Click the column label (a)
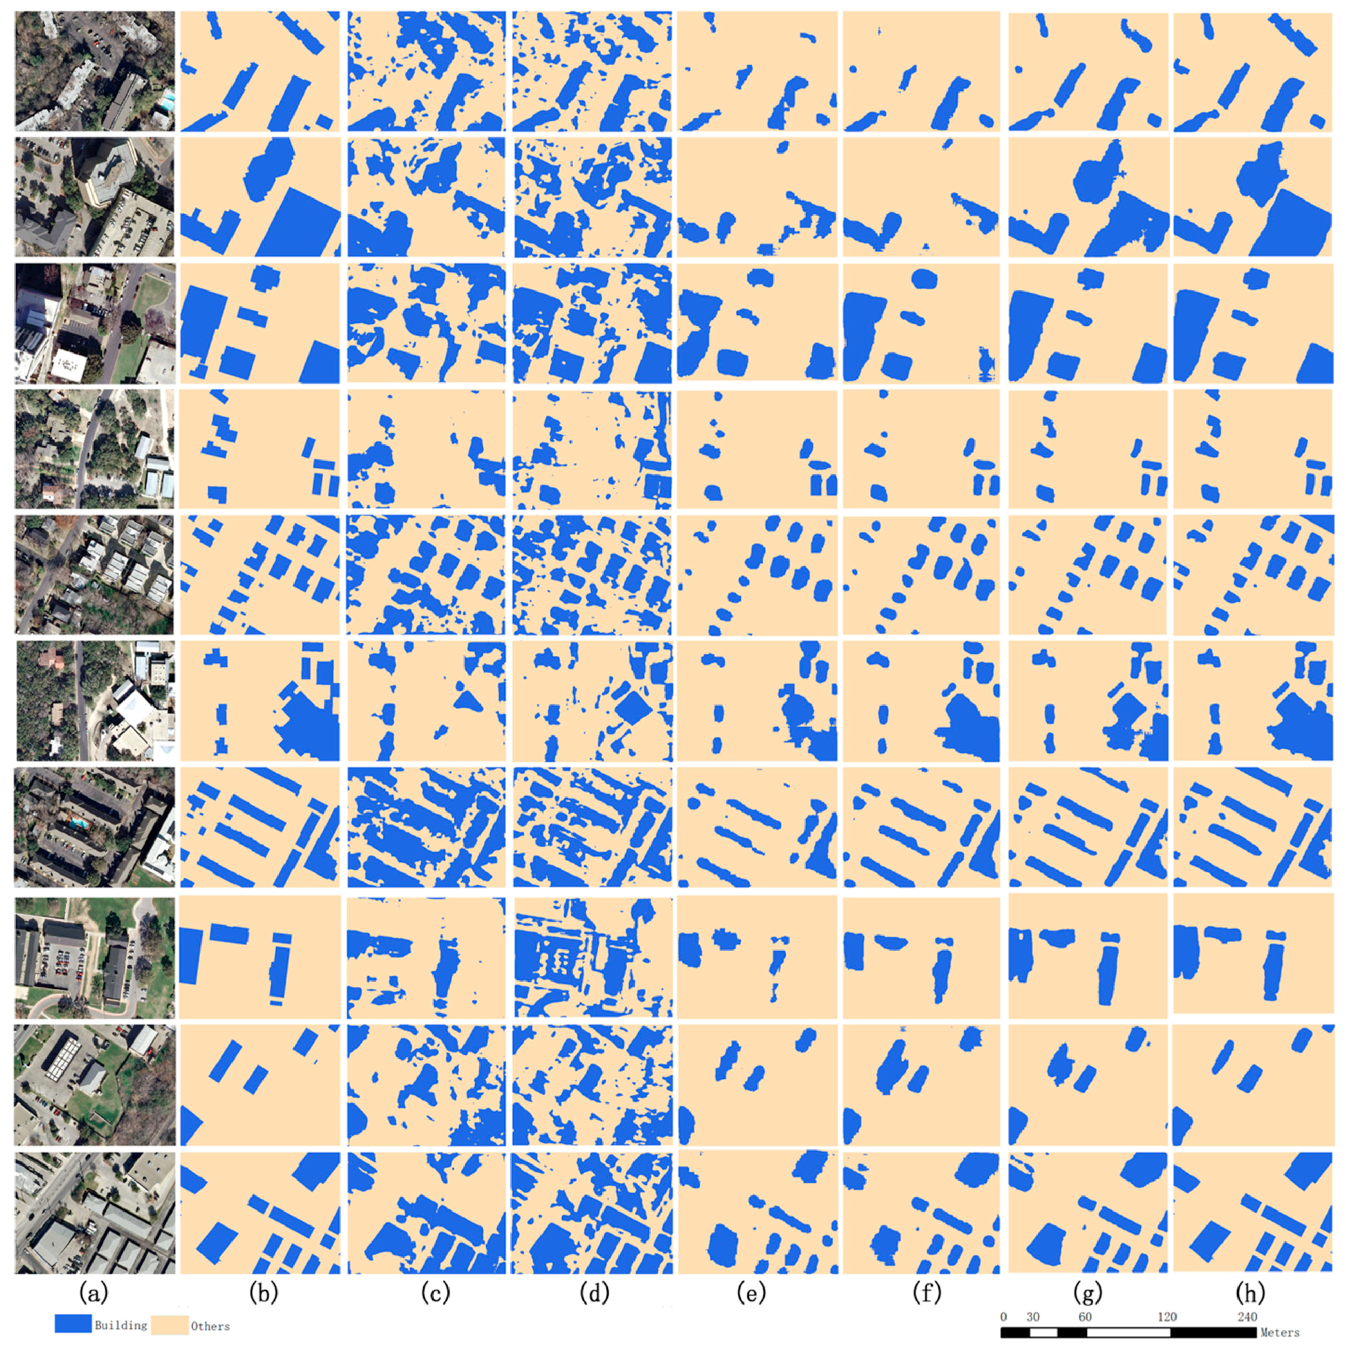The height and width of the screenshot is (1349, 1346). pyautogui.click(x=94, y=1294)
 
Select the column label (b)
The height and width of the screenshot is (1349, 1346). pyautogui.click(x=263, y=1294)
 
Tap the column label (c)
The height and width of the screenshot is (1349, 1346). pyautogui.click(x=435, y=1294)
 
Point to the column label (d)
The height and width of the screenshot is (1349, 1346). pyautogui.click(x=594, y=1294)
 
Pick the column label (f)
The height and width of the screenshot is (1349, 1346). pyautogui.click(x=926, y=1294)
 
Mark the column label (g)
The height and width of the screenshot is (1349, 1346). pyautogui.click(x=1088, y=1294)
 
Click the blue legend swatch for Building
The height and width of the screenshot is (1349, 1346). pyautogui.click(x=73, y=1324)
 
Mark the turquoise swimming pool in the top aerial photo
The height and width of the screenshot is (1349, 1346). pyautogui.click(x=165, y=103)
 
